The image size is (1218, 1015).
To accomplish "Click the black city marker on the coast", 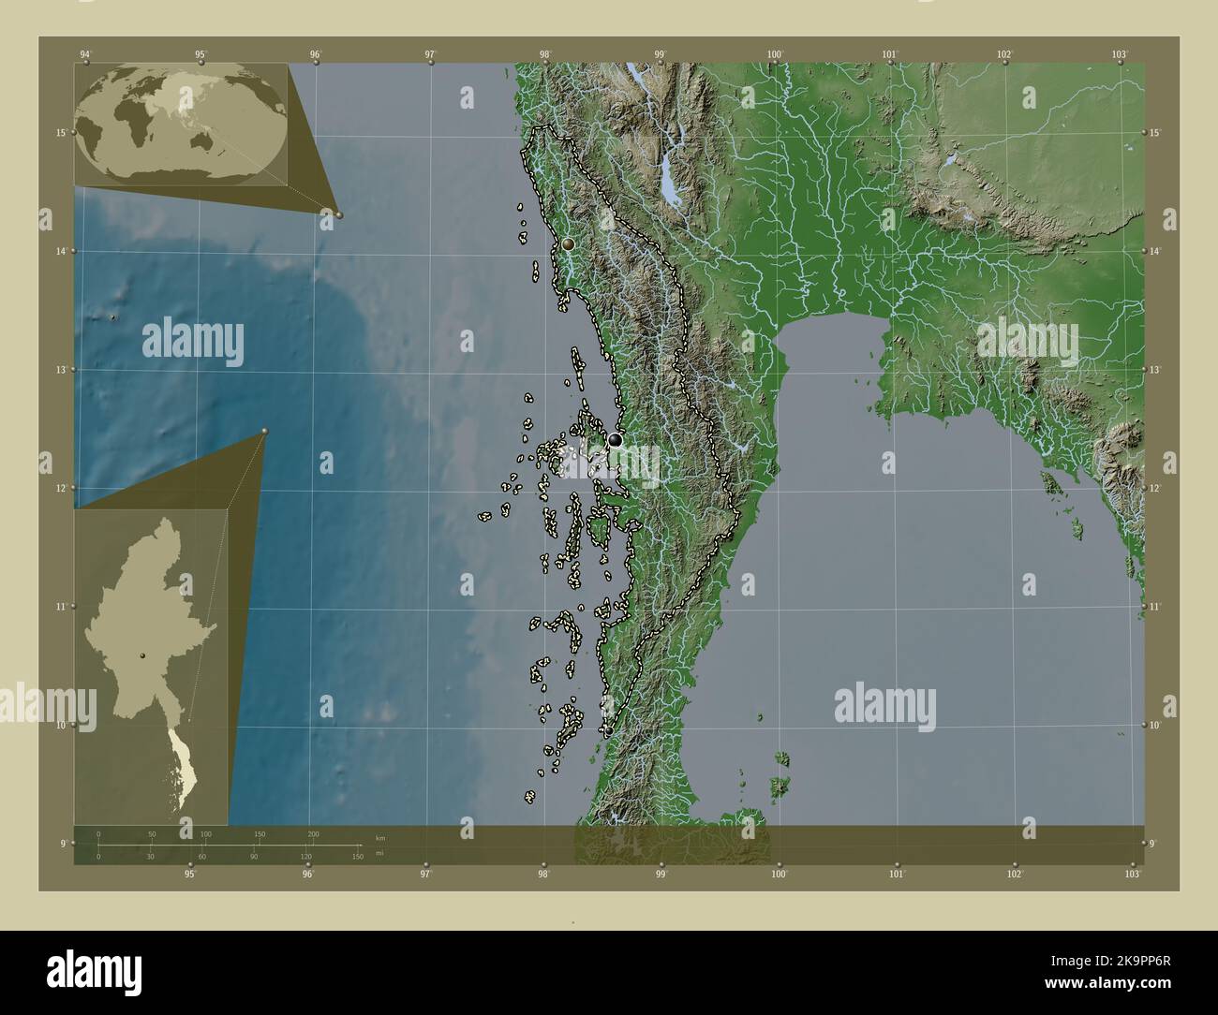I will pyautogui.click(x=615, y=439).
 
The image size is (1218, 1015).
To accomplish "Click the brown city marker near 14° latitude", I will pyautogui.click(x=568, y=243).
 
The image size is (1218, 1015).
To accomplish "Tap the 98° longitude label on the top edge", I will pyautogui.click(x=545, y=54).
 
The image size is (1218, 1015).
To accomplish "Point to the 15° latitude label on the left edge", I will pyautogui.click(x=61, y=133).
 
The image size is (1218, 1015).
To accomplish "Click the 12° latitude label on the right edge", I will pyautogui.click(x=1155, y=489).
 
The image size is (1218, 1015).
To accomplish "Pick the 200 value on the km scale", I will pyautogui.click(x=313, y=833).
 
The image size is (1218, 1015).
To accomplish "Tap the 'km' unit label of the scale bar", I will pyautogui.click(x=379, y=837).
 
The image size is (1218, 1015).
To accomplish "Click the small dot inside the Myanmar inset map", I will pyautogui.click(x=142, y=655).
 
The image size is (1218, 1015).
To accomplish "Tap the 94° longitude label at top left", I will pyautogui.click(x=86, y=54).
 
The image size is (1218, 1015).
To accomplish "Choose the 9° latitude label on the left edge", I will pyautogui.click(x=61, y=844).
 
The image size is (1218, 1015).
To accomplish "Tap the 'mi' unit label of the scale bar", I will pyautogui.click(x=379, y=854).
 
